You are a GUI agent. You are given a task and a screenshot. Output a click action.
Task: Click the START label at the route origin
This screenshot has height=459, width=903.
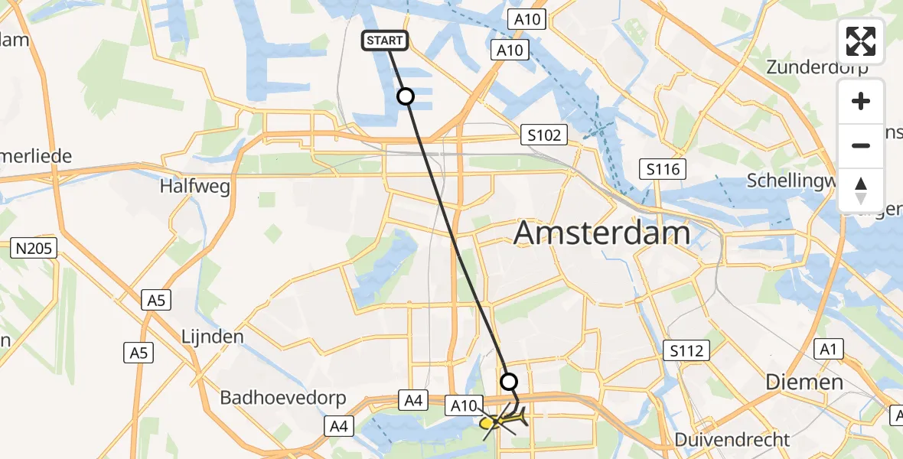385,41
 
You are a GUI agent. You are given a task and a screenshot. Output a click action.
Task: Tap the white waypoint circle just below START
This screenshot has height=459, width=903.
406,96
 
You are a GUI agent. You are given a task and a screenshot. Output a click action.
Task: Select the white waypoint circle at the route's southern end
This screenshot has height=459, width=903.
509,381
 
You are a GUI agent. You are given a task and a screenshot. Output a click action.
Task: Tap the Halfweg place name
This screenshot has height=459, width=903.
195,186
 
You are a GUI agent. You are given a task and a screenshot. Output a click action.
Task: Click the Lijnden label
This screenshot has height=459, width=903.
213,337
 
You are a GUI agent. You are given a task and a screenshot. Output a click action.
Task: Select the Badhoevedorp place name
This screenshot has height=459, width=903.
283,398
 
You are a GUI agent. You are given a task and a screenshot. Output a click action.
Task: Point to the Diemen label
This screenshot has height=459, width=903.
805,382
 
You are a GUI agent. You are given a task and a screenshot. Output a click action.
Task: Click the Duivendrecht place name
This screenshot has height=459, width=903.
734,440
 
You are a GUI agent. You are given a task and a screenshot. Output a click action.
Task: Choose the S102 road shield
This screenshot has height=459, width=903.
544,135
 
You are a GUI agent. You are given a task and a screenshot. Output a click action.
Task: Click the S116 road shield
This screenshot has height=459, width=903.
663,169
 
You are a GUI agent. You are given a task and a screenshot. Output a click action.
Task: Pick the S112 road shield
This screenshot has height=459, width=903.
686,351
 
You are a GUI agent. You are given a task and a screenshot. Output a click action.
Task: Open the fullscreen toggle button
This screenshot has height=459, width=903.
862,41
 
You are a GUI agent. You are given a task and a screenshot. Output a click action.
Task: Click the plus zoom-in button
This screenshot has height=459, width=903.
862,101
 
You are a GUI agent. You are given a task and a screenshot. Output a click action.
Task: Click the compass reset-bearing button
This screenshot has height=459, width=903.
862,190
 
